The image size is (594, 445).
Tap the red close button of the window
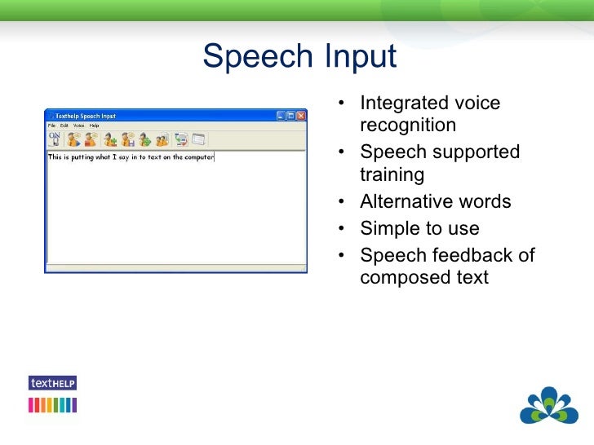tap(300, 116)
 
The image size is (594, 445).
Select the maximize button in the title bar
tap(290, 116)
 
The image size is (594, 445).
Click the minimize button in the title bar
tap(281, 116)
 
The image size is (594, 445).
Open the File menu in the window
tap(51, 126)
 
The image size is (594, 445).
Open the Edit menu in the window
tap(64, 126)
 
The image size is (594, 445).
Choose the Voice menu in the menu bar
tap(78, 126)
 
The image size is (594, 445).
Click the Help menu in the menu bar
tap(94, 126)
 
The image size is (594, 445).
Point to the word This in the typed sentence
tap(55, 157)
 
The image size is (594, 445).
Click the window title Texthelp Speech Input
tap(85, 116)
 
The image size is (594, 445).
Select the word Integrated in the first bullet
tap(401, 104)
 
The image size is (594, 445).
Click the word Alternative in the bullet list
tap(405, 202)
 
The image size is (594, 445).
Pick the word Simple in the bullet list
tap(388, 229)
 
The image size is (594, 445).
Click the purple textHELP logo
tap(52, 383)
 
